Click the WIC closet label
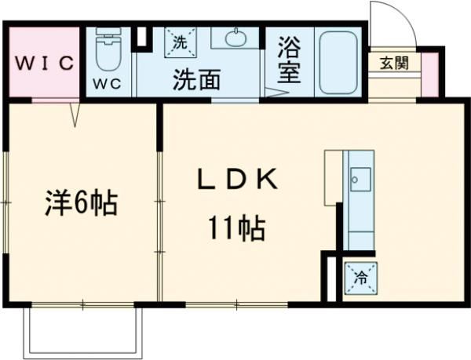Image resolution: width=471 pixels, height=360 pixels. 42,62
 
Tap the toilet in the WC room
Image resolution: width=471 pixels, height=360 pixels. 108,51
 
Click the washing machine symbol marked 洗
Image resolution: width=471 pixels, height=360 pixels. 177,43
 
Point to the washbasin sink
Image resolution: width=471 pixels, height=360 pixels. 235,38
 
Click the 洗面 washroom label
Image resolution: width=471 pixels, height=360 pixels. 196,79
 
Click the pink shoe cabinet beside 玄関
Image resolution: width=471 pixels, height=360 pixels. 429,73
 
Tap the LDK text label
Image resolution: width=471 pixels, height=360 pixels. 236,180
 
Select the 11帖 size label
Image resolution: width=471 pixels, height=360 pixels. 235,228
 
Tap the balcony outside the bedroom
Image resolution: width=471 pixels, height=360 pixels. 84,329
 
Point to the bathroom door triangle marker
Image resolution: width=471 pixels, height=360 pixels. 276,93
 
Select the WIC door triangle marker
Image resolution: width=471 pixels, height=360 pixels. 76,115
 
